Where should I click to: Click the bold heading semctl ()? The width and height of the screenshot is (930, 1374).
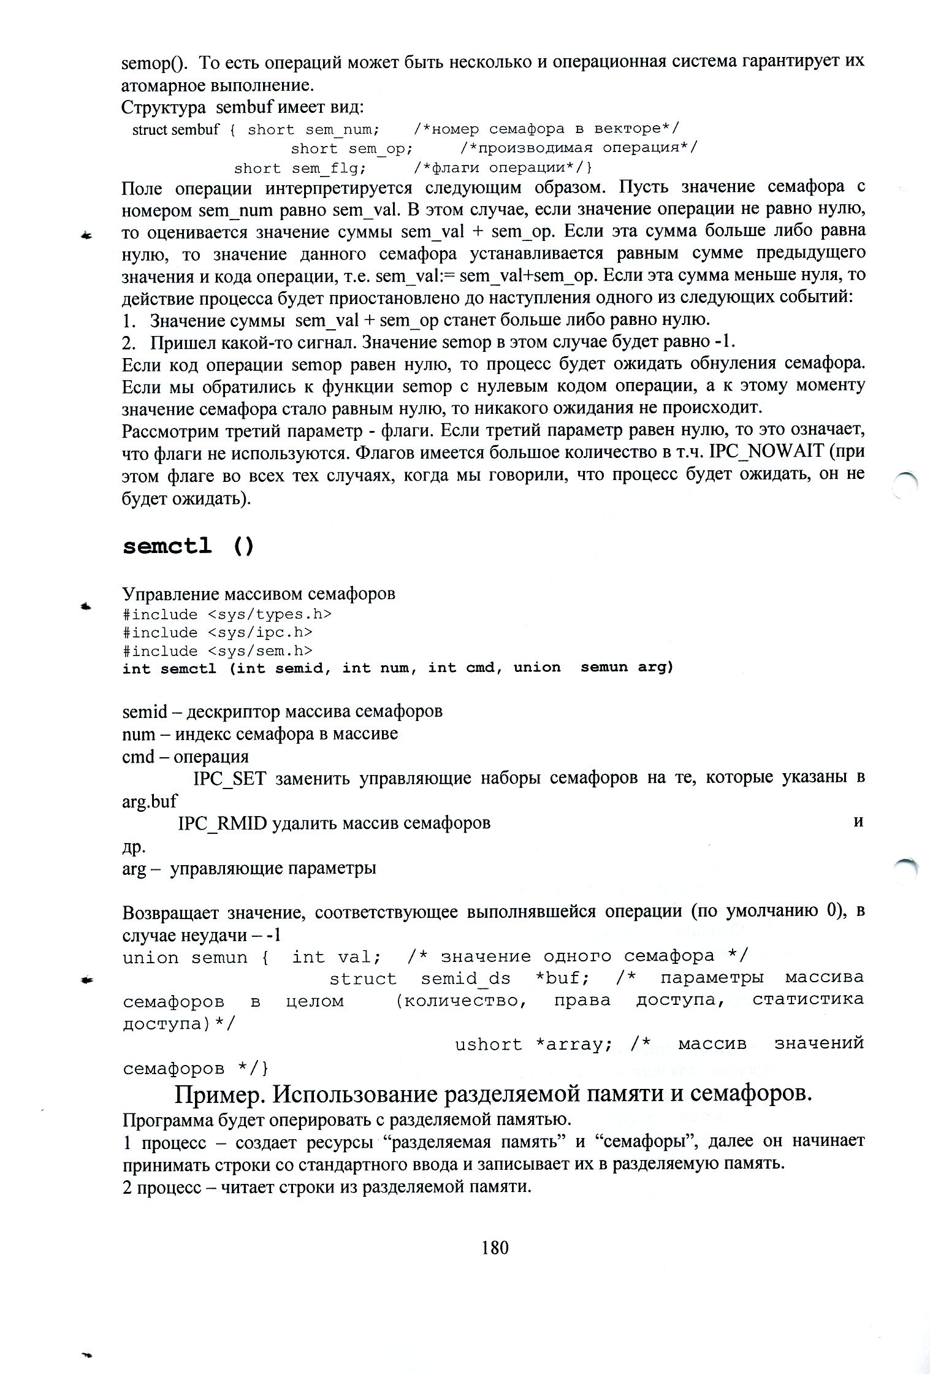point(188,546)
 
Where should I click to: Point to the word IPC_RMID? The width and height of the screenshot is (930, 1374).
point(222,823)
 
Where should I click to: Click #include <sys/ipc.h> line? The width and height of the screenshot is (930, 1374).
point(218,632)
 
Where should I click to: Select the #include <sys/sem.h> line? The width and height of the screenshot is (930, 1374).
point(218,651)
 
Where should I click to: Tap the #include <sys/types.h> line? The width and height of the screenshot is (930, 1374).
point(227,614)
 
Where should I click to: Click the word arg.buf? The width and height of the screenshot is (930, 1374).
point(150,801)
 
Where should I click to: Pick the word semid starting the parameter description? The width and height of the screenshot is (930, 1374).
point(145,712)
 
